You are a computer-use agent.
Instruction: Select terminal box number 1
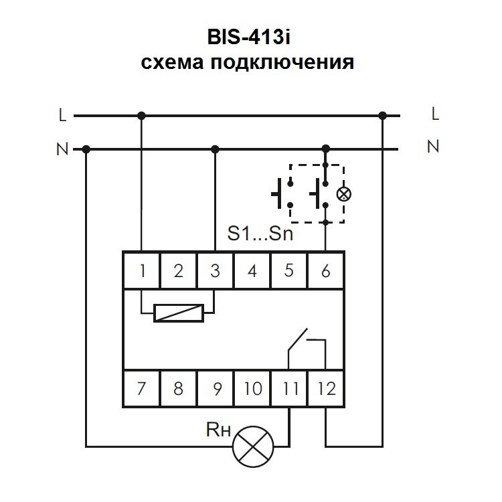[x=142, y=271]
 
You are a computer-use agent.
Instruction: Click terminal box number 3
[x=215, y=271]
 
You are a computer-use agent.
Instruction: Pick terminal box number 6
[x=325, y=271]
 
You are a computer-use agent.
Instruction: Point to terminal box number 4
[x=252, y=271]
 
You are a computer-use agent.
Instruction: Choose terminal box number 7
[x=142, y=388]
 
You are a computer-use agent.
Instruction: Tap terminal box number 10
[x=252, y=388]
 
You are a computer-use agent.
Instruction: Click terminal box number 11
[x=289, y=388]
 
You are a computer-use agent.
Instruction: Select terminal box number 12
[x=326, y=388]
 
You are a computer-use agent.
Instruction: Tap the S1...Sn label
[x=260, y=235]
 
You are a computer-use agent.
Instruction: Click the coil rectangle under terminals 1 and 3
[x=178, y=313]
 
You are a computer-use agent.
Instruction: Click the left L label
[x=62, y=116]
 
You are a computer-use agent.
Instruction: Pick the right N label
[x=433, y=146]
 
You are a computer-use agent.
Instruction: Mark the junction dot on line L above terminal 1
[x=142, y=116]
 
